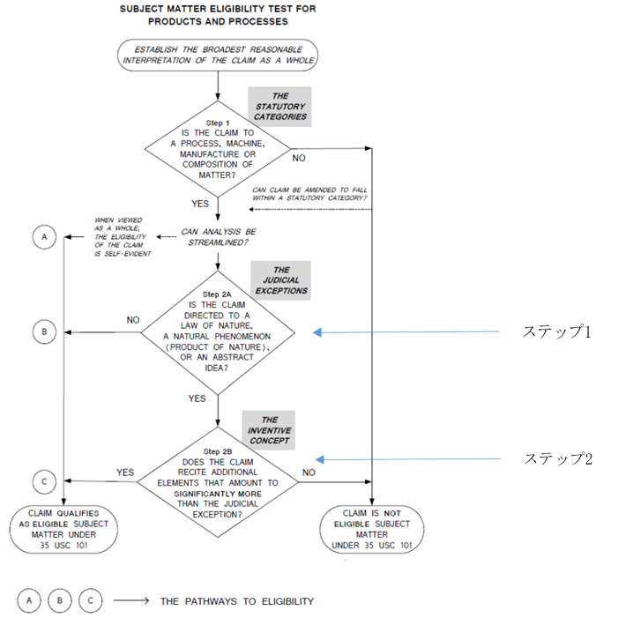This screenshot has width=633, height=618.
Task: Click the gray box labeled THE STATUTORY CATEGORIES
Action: click(x=279, y=107)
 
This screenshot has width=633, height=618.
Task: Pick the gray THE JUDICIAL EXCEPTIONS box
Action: click(x=281, y=280)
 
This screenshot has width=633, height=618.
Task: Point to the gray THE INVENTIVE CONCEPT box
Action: click(x=269, y=430)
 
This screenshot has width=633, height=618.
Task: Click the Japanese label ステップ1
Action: click(x=557, y=331)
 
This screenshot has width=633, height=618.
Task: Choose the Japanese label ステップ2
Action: click(x=558, y=459)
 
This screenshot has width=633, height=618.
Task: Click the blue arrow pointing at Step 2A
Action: click(x=406, y=332)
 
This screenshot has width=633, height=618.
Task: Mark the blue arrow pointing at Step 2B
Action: click(x=408, y=459)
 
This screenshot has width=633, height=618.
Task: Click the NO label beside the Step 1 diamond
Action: click(x=299, y=158)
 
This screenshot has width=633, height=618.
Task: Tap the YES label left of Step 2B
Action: click(x=125, y=473)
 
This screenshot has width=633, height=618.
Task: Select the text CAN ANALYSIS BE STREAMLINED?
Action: click(x=218, y=237)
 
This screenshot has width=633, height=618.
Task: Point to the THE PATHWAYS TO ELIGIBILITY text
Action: click(x=237, y=601)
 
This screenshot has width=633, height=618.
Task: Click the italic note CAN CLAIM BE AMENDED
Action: click(x=309, y=194)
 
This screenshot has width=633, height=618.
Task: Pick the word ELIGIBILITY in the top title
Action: click(x=264, y=9)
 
